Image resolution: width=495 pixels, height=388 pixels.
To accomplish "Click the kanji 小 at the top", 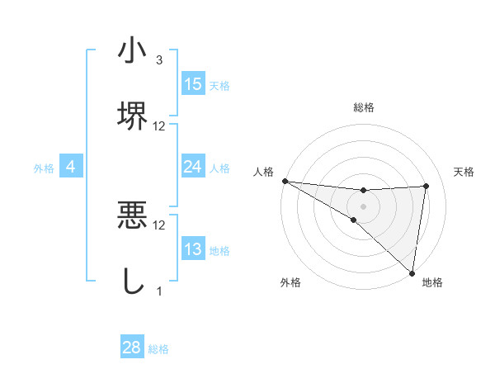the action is tap(132, 51).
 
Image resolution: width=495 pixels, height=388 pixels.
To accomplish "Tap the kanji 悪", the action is tap(132, 216).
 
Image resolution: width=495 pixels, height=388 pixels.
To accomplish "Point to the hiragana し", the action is tap(132, 281).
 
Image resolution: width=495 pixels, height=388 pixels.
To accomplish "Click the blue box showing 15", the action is tap(193, 84).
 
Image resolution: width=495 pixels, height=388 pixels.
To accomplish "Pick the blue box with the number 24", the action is tap(193, 167).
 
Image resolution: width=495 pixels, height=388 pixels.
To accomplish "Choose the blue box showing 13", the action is tap(193, 249).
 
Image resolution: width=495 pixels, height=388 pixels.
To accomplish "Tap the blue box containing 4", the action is tap(71, 167).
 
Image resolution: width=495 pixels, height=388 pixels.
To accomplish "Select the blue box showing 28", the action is tap(132, 348).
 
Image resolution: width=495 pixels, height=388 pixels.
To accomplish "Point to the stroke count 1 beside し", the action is tap(159, 291).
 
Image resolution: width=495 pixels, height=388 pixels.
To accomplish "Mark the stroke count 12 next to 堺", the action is tap(159, 126).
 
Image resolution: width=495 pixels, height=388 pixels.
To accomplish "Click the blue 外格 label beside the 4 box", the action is tap(44, 168).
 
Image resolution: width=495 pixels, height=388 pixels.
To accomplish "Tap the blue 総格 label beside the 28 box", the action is tap(158, 348).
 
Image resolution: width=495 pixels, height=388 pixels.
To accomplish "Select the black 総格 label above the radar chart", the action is tap(364, 108).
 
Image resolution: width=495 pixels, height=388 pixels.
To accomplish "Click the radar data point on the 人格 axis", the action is tap(285, 181).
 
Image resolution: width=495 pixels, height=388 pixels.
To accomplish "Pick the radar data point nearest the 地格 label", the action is tap(412, 272).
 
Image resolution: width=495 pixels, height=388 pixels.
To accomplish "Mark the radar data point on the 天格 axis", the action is tap(427, 186).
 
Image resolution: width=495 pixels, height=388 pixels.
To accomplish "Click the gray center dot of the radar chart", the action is tap(364, 206).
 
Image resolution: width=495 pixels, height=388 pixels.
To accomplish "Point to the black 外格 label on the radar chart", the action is tap(290, 283).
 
